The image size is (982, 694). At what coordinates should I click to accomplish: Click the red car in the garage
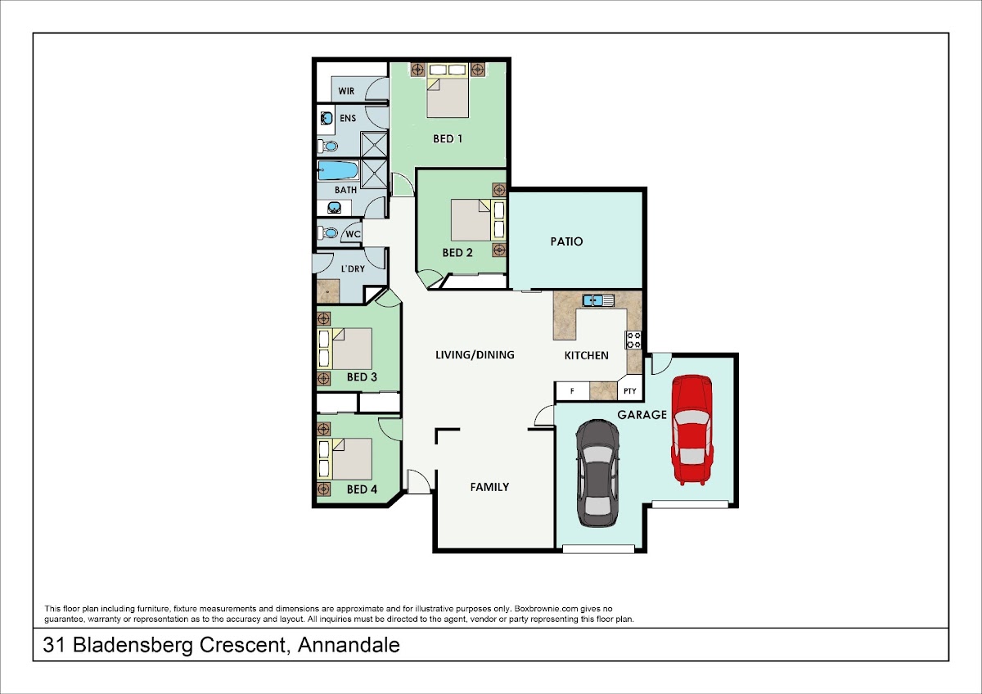tap(692, 430)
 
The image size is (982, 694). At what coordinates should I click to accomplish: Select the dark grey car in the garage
tap(597, 472)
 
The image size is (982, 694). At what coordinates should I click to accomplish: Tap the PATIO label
tap(566, 241)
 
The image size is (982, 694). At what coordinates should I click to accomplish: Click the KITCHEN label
tap(586, 355)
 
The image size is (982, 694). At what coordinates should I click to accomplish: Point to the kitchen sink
tap(598, 300)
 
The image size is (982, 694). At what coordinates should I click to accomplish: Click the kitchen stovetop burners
tap(633, 340)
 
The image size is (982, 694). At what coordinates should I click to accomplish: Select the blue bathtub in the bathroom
tap(337, 170)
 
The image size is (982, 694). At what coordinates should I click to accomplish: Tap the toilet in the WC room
tap(327, 232)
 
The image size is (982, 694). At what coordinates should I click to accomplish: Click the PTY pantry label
tap(629, 391)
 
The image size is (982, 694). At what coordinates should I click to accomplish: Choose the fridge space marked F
tap(572, 391)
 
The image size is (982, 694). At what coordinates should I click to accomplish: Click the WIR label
tap(346, 91)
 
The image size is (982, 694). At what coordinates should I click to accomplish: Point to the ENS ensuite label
tap(348, 118)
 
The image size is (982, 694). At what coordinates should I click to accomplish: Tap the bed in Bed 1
tap(448, 90)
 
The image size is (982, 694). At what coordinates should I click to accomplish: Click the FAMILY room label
tap(489, 487)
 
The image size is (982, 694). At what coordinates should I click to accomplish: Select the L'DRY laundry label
tap(353, 268)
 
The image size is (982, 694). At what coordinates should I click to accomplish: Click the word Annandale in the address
tap(349, 645)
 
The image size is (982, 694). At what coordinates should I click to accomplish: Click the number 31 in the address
tap(55, 645)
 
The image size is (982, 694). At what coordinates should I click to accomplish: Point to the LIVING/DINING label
tap(475, 354)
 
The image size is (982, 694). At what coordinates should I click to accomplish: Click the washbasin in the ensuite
tap(327, 119)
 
